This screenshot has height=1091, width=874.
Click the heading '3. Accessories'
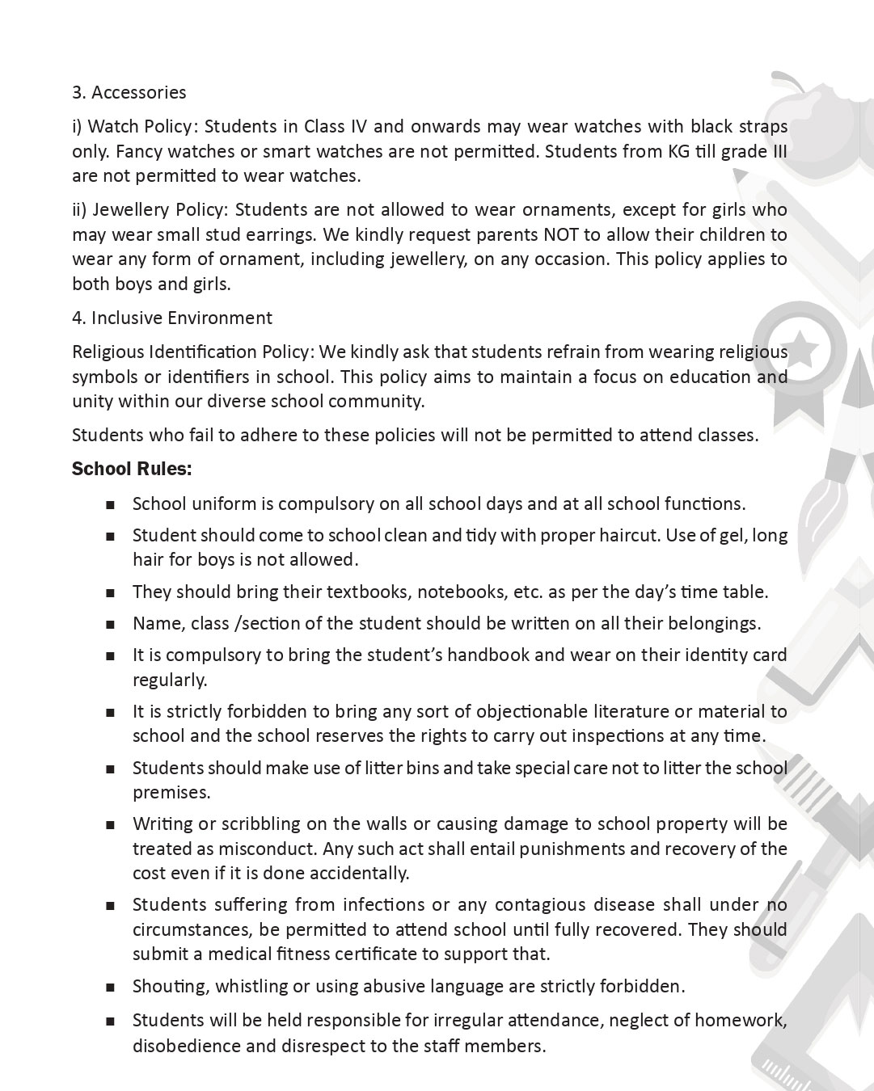[x=129, y=93]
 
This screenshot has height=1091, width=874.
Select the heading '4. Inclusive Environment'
[x=172, y=318]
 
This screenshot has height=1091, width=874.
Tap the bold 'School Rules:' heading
[x=132, y=470]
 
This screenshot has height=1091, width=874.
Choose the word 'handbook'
[x=488, y=655]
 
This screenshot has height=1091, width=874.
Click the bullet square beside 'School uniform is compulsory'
[x=110, y=505]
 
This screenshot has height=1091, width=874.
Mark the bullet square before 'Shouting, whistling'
[x=110, y=988]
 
